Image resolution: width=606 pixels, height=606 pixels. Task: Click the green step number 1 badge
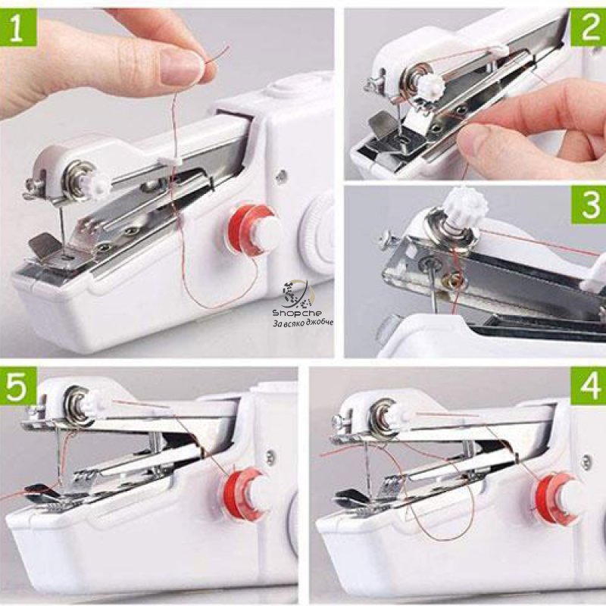click(x=18, y=28)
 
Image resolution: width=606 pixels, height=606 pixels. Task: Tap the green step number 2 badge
click(x=588, y=28)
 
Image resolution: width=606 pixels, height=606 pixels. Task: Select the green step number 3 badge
click(x=589, y=205)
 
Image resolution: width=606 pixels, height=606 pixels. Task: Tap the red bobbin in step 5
click(x=243, y=495)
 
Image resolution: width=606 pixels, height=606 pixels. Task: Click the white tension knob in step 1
click(x=98, y=184)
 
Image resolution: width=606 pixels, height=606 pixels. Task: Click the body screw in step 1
click(x=282, y=176)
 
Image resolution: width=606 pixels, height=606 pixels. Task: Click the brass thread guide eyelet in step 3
click(x=452, y=277)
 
